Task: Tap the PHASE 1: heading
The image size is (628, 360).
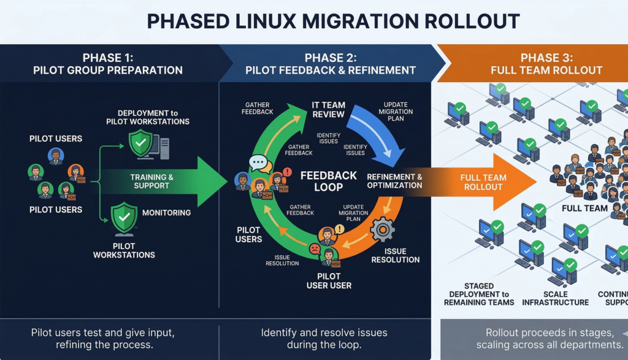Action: point(107,58)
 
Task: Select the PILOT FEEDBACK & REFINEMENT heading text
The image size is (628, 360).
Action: point(331,70)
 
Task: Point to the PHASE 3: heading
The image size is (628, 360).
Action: point(546,58)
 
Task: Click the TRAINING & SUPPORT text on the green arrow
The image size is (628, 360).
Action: point(151,181)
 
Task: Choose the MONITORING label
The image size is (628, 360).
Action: point(166,213)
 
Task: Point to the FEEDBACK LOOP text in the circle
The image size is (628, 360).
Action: point(329,181)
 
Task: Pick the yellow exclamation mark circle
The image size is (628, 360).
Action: point(340,229)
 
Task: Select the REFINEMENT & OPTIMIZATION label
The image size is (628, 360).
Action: point(394,182)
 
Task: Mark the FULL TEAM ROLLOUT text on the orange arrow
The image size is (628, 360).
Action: point(483,182)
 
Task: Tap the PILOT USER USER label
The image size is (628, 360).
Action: point(329,280)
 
